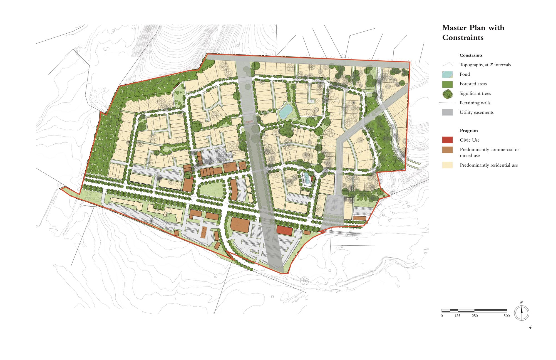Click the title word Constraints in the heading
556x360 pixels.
[x=463, y=38]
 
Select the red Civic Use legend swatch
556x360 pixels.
[x=447, y=140]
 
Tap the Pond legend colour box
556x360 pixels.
[x=447, y=74]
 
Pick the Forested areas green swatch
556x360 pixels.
[x=447, y=84]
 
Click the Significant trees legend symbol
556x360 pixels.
[x=447, y=94]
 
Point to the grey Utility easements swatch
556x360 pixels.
[x=447, y=112]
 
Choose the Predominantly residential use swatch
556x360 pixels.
[x=447, y=165]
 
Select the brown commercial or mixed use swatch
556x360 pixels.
[x=447, y=150]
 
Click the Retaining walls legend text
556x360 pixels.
[x=475, y=103]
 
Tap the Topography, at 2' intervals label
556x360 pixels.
[x=485, y=65]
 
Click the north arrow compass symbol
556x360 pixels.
[x=522, y=313]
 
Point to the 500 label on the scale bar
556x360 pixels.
[x=507, y=316]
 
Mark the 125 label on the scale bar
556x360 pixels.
[x=457, y=316]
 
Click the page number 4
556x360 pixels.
[x=530, y=327]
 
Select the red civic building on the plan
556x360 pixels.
[x=285, y=231]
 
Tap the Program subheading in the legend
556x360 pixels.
[x=469, y=130]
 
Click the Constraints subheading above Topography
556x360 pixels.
[x=471, y=55]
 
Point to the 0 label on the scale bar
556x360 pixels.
[x=442, y=316]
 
